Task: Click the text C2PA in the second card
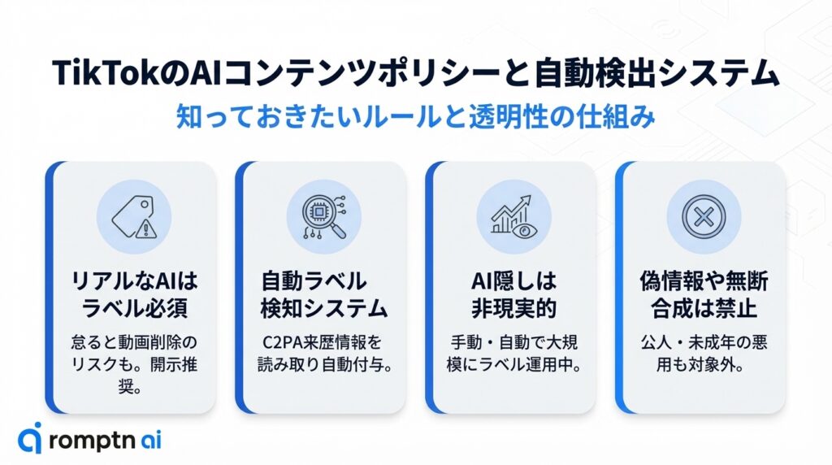tap(282, 341)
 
